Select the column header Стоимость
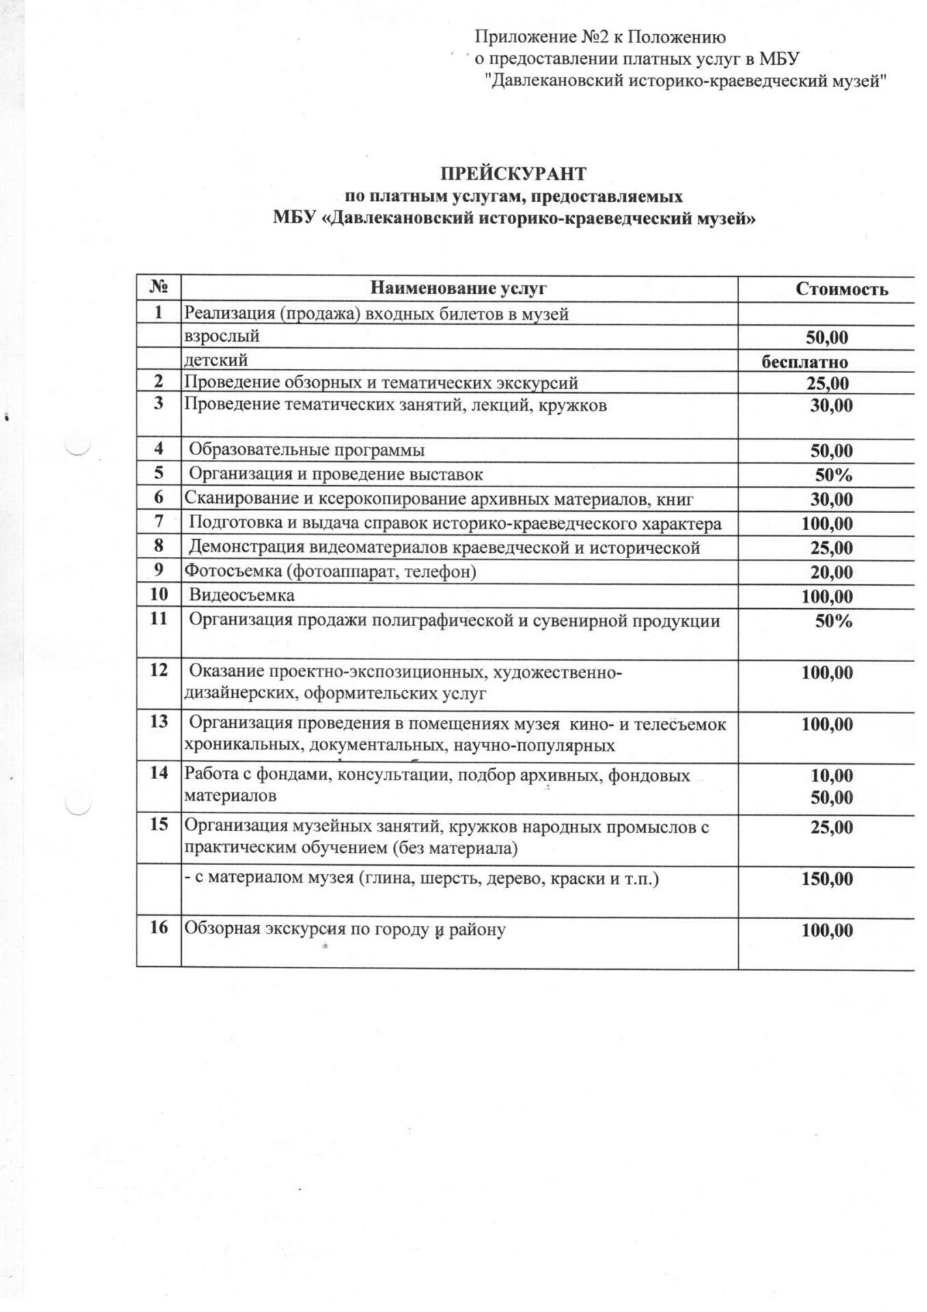point(842,289)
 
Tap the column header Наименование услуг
point(458,288)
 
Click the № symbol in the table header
point(158,288)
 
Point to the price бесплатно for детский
point(805,362)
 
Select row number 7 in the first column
point(158,523)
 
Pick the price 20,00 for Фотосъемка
point(831,573)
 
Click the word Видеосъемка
point(242,595)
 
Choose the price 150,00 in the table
point(827,879)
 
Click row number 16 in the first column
point(158,929)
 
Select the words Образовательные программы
point(306,450)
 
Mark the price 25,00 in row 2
point(827,383)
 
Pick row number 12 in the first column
point(158,670)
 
